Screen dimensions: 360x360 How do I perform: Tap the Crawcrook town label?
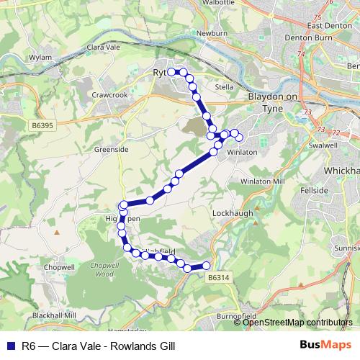109,94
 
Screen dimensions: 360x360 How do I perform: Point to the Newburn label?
212,33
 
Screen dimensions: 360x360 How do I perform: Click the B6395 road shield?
45,125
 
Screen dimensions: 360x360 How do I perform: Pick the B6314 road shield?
217,276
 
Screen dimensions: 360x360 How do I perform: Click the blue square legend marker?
11,346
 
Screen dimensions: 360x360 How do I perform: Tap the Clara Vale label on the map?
102,47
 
